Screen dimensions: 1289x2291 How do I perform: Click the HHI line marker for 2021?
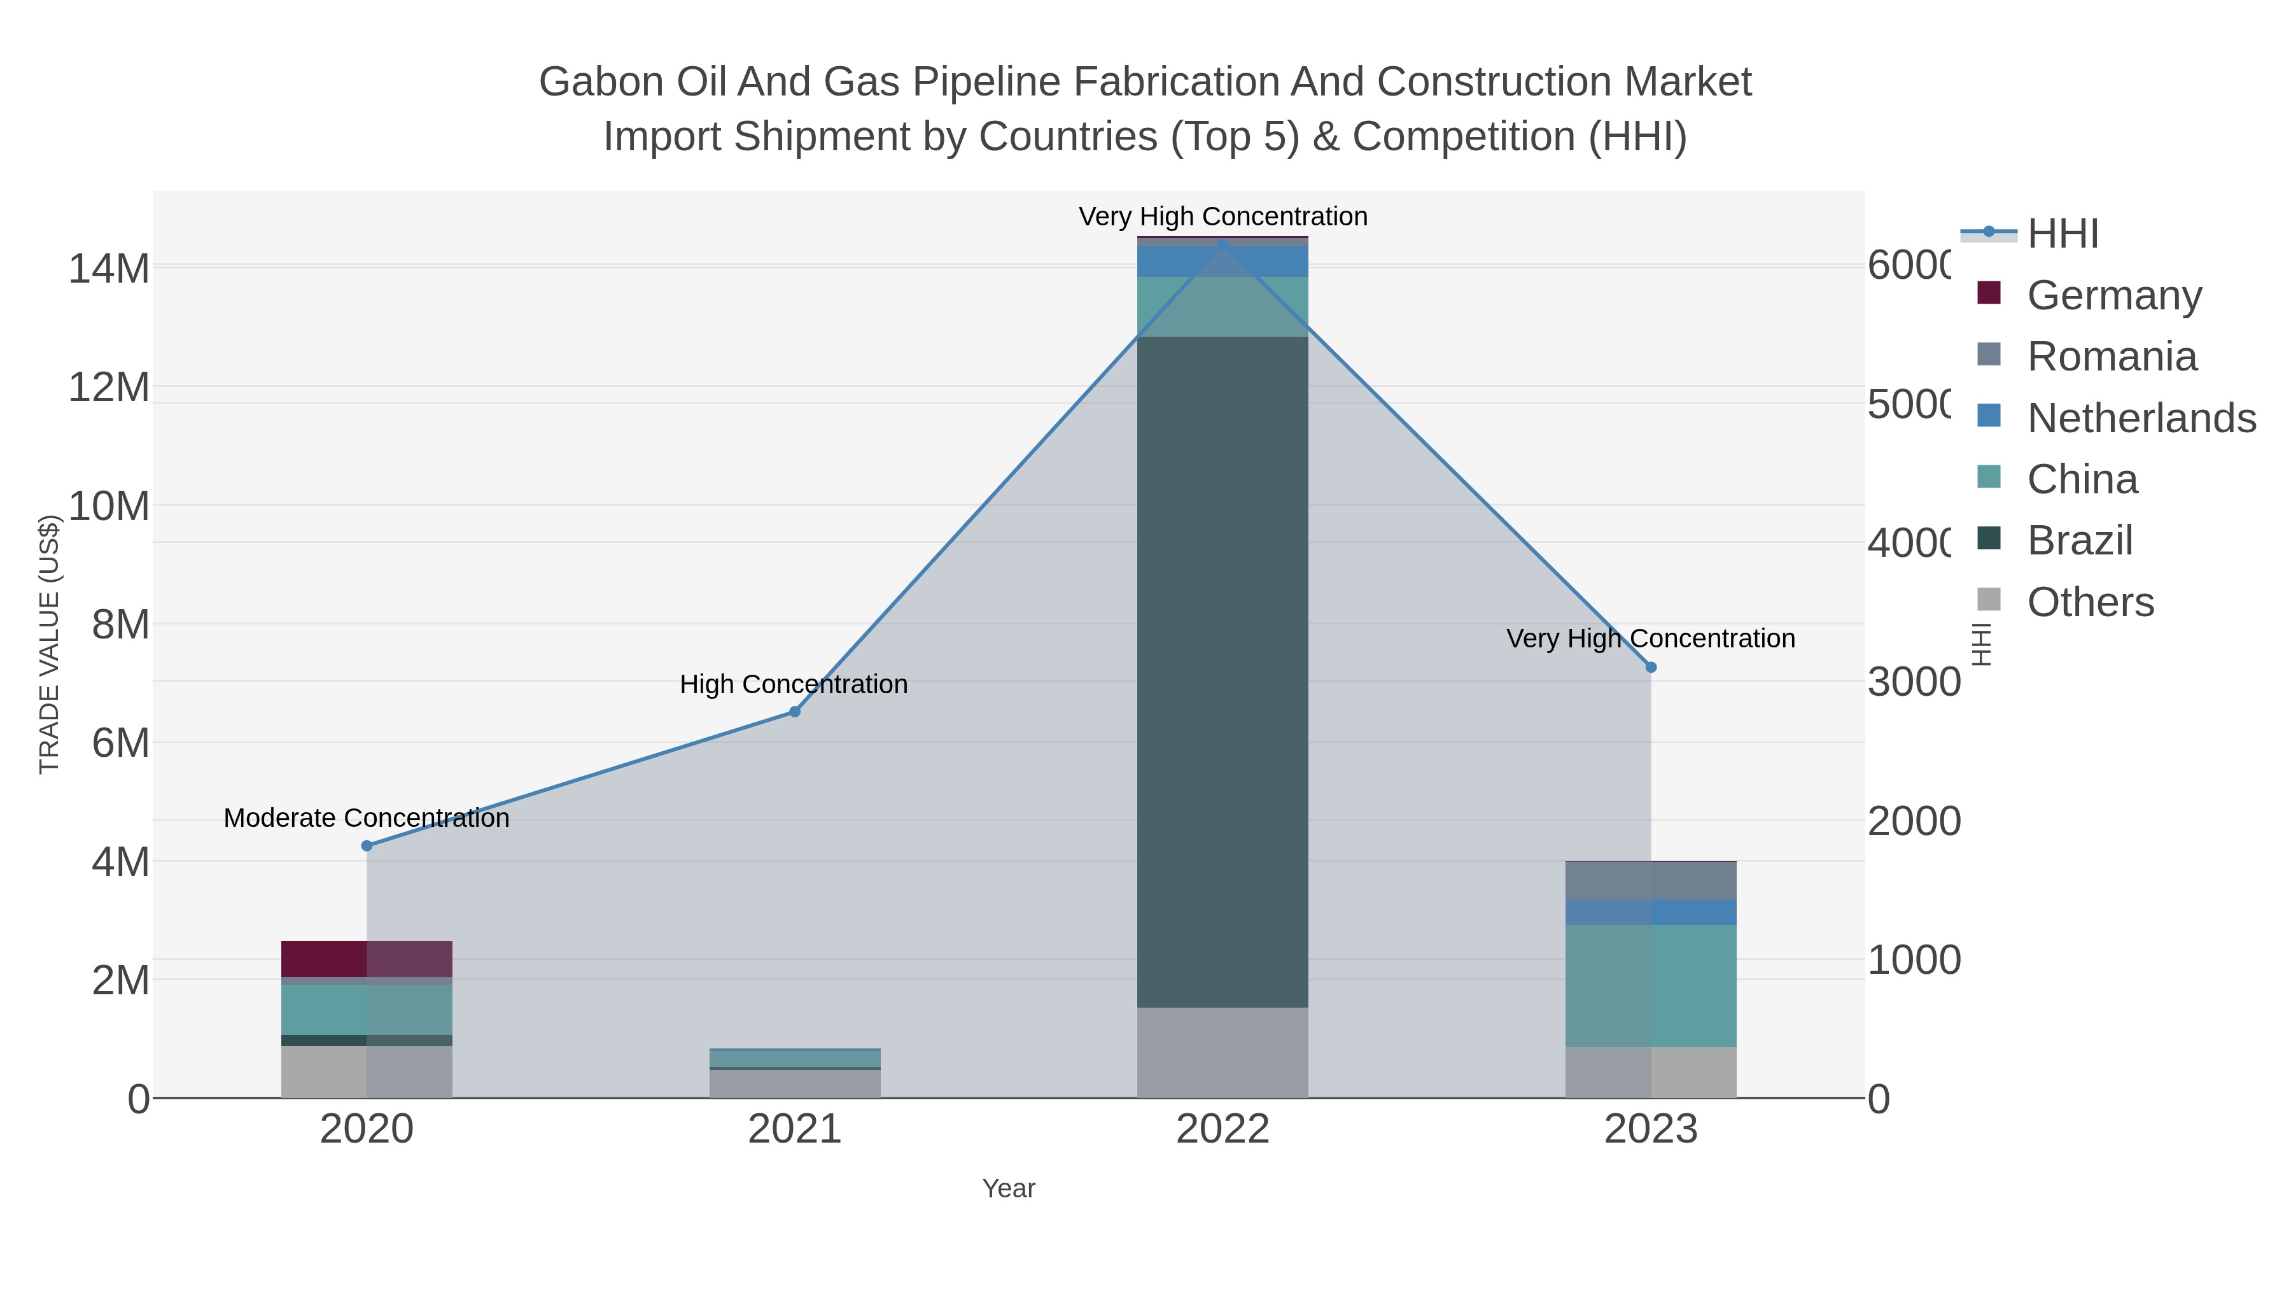pos(794,712)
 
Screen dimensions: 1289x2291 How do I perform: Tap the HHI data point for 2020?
pos(367,845)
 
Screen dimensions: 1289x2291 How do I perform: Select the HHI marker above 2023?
pos(1651,667)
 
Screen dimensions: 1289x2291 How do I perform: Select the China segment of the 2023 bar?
pos(1651,985)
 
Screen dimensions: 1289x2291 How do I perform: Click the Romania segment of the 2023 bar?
pos(1651,881)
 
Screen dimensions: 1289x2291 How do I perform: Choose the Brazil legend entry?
pos(2079,540)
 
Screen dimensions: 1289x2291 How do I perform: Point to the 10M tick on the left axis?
pos(108,506)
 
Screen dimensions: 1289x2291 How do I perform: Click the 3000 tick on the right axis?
pos(1913,682)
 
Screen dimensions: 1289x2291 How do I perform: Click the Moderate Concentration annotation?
pos(367,817)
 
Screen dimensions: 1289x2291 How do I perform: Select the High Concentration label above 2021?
pos(794,684)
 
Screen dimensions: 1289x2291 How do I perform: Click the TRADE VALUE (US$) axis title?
pos(50,644)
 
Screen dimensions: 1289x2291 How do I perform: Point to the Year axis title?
pos(1009,1188)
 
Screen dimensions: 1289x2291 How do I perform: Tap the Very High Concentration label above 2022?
pos(1223,216)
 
